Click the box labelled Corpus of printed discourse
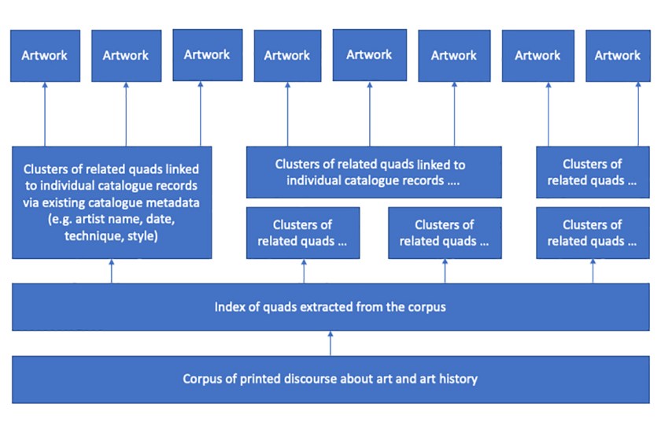[330, 379]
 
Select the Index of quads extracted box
[330, 306]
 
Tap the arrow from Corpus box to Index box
[330, 343]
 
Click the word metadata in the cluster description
[173, 202]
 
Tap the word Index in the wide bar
[229, 306]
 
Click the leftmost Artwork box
[45, 55]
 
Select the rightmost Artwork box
[617, 55]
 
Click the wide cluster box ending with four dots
[374, 172]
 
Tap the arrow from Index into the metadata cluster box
[111, 271]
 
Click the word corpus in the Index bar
[427, 306]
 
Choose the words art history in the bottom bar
[440, 379]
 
